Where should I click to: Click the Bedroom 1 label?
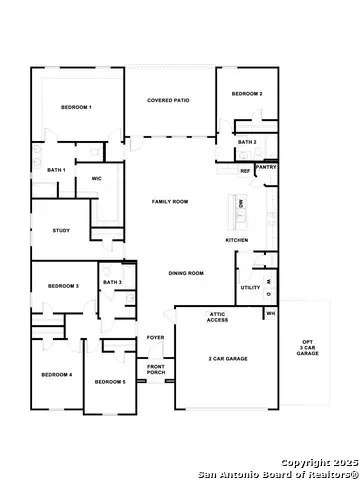pyautogui.click(x=76, y=107)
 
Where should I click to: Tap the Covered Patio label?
pyautogui.click(x=168, y=101)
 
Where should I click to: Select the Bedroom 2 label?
pyautogui.click(x=247, y=94)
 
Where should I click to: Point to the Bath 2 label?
pyautogui.click(x=247, y=143)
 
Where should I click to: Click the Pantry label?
pyautogui.click(x=266, y=167)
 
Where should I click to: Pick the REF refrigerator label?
pyautogui.click(x=245, y=171)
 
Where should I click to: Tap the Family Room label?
pyautogui.click(x=170, y=202)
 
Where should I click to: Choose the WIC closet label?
pyautogui.click(x=97, y=179)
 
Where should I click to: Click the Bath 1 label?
pyautogui.click(x=56, y=170)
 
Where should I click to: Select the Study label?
pyautogui.click(x=61, y=231)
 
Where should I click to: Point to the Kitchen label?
pyautogui.click(x=236, y=240)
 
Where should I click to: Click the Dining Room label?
pyautogui.click(x=186, y=273)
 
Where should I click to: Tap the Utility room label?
pyautogui.click(x=250, y=288)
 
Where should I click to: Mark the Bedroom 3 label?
pyautogui.click(x=63, y=287)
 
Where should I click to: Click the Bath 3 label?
pyautogui.click(x=112, y=283)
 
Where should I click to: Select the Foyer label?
pyautogui.click(x=156, y=338)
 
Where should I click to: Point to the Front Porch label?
pyautogui.click(x=156, y=369)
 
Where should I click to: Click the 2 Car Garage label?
pyautogui.click(x=229, y=358)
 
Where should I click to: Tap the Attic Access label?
pyautogui.click(x=218, y=318)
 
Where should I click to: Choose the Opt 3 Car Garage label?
pyautogui.click(x=307, y=348)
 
